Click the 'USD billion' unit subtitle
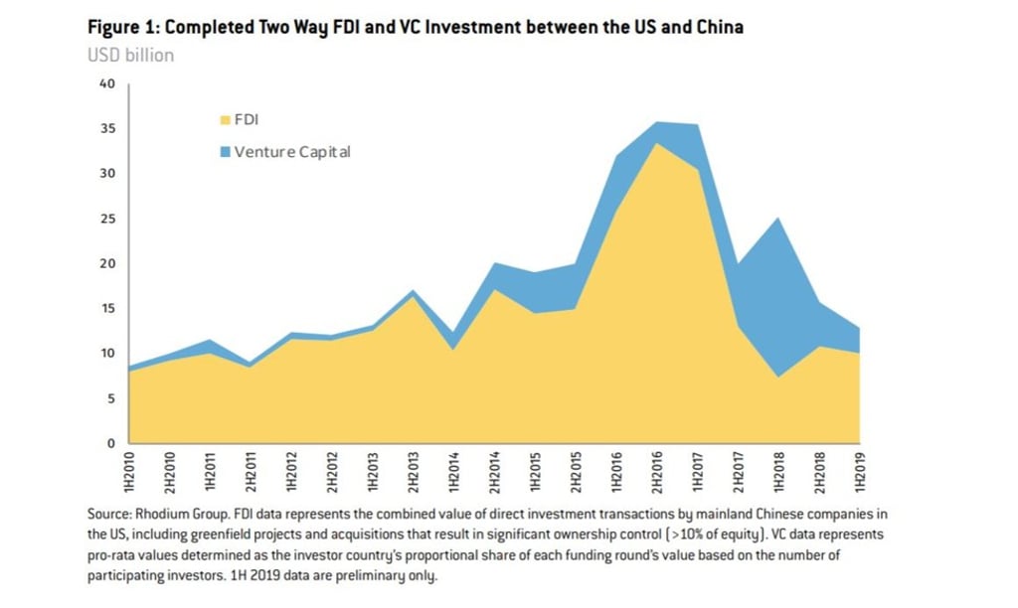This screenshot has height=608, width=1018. click(x=131, y=55)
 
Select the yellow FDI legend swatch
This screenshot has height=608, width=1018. click(x=225, y=120)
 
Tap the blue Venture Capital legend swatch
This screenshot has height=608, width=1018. click(x=225, y=152)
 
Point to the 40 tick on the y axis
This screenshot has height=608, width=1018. click(x=108, y=84)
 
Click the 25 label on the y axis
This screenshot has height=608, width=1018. click(x=108, y=219)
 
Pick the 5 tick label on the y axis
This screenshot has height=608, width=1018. click(x=110, y=398)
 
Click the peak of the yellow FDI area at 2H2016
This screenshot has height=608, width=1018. click(x=655, y=144)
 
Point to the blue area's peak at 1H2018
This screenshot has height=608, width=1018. click(x=777, y=219)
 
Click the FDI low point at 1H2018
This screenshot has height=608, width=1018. click(x=777, y=377)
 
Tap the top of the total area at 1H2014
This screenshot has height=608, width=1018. click(x=453, y=334)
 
